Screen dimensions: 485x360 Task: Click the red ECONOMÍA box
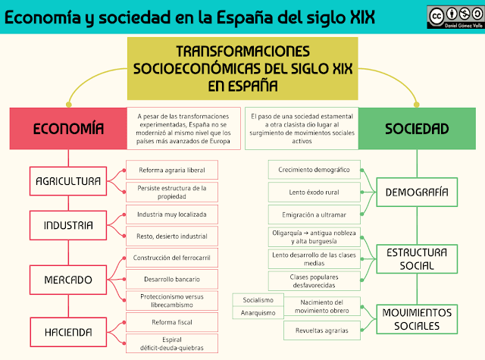[68, 128]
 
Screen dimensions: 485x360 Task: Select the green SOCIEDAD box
[416, 128]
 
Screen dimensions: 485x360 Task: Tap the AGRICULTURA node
[68, 181]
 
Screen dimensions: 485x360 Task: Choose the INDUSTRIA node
[68, 225]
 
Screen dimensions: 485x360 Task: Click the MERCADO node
[68, 279]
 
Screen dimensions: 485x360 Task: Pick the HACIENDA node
[68, 331]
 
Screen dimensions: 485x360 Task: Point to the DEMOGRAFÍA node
[416, 192]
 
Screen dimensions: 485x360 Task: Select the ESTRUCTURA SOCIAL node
[416, 258]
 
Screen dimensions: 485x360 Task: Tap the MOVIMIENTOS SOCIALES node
[416, 319]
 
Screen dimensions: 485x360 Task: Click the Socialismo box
[253, 300]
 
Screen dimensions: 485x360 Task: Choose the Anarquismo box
[253, 313]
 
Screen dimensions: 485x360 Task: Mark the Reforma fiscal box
[171, 321]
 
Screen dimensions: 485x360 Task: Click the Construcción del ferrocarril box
[171, 258]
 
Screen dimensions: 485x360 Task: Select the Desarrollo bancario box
[171, 279]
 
